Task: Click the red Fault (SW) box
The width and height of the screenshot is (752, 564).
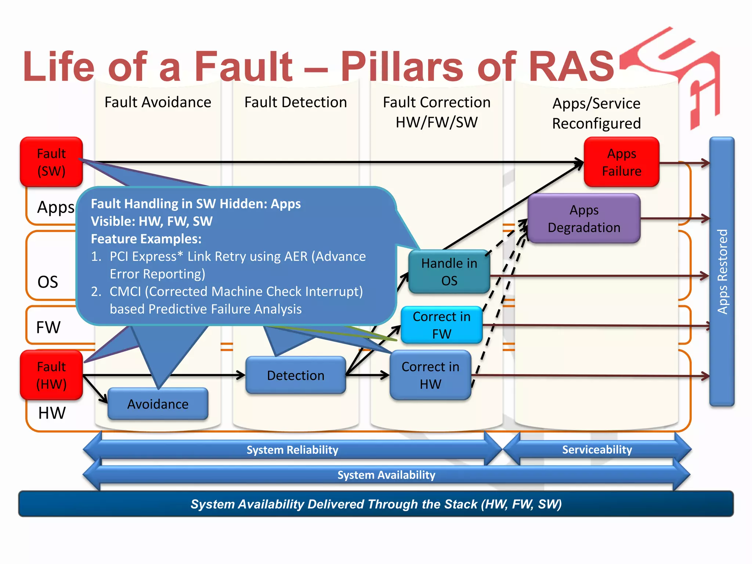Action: click(x=51, y=162)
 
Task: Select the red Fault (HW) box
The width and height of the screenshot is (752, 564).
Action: click(x=51, y=375)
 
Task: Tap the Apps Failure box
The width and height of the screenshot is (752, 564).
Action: click(x=621, y=162)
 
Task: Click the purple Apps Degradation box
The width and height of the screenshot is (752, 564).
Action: click(x=584, y=218)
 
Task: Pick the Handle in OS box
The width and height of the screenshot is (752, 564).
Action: click(x=449, y=272)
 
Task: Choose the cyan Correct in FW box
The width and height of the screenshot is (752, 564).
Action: click(x=441, y=325)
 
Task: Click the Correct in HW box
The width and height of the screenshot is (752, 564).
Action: click(x=430, y=375)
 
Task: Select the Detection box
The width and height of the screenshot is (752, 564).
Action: click(x=296, y=375)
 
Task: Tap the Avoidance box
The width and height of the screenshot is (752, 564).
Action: click(x=158, y=404)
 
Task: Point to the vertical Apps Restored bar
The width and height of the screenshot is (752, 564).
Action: click(x=722, y=272)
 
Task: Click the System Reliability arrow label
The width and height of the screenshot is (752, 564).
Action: click(x=292, y=450)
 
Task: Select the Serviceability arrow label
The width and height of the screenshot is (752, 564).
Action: click(x=597, y=449)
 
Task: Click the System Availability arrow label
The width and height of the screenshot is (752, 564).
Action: click(x=386, y=475)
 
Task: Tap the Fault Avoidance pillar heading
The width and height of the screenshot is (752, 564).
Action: click(x=158, y=102)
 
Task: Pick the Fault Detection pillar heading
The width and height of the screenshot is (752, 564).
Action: click(x=296, y=102)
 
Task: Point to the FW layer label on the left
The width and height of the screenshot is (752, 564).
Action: click(x=48, y=327)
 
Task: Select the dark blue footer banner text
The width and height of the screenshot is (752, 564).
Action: click(x=376, y=504)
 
